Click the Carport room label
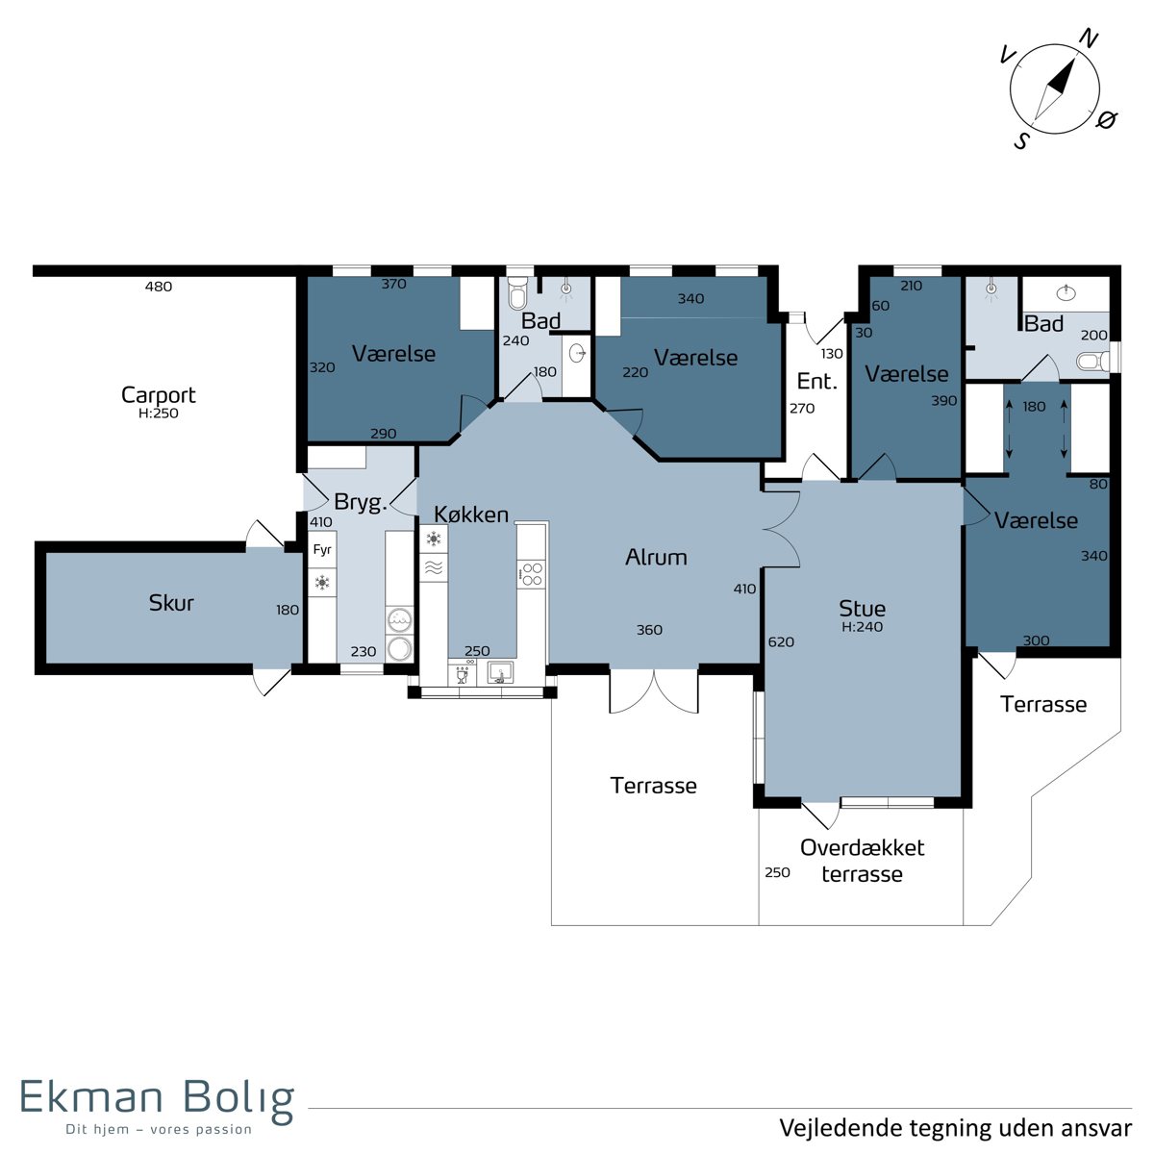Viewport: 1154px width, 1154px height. click(158, 395)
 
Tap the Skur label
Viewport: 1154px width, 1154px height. click(171, 602)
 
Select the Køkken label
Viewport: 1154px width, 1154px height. click(471, 514)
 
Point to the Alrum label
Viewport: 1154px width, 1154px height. click(656, 558)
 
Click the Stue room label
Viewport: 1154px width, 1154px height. click(862, 609)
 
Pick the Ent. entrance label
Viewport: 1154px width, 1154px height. click(816, 381)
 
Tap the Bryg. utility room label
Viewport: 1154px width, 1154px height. click(361, 502)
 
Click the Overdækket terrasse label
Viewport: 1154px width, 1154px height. click(863, 861)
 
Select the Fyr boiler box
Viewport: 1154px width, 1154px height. click(322, 549)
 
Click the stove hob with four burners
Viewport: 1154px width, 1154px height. click(531, 574)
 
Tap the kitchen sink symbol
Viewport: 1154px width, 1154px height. click(499, 672)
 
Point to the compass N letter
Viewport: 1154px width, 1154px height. click(1088, 40)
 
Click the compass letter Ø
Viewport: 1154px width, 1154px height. click(1107, 120)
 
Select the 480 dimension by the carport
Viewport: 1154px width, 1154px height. click(159, 287)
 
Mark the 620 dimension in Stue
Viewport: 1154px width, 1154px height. click(781, 642)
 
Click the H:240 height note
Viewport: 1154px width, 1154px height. click(862, 627)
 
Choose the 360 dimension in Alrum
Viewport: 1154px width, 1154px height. click(649, 629)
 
